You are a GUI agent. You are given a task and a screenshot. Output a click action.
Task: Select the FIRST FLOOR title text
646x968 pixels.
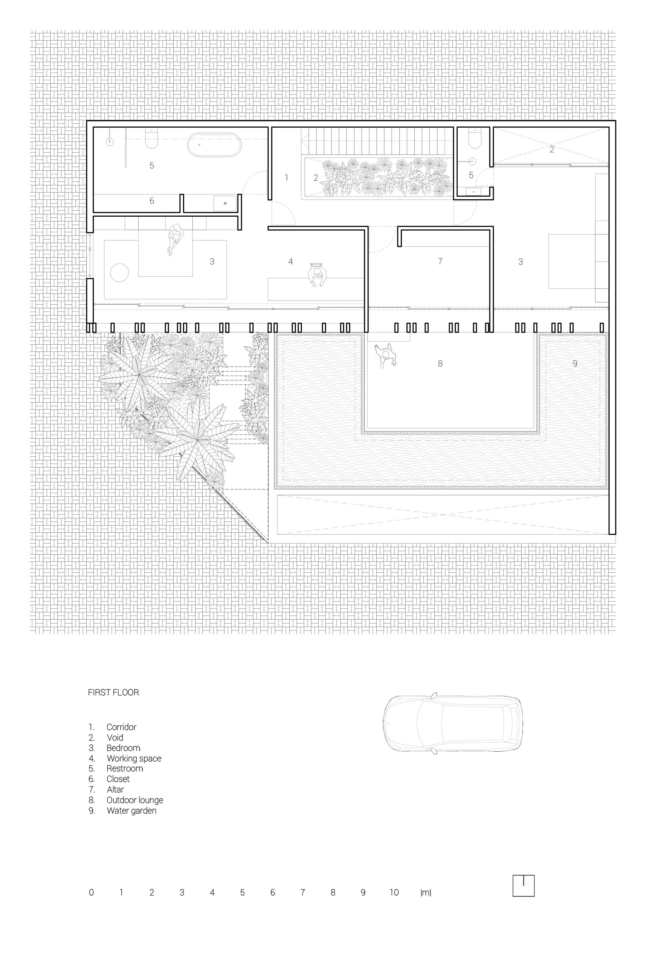(113, 692)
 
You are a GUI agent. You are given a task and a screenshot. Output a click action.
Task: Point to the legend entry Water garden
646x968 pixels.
(131, 810)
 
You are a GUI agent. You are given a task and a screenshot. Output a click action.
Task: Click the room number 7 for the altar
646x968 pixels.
(440, 261)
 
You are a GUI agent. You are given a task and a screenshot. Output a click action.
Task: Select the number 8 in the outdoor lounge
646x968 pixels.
(440, 363)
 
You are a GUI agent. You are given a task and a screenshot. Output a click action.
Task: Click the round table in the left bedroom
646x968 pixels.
(119, 273)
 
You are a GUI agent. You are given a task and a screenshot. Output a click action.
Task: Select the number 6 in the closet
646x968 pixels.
(152, 201)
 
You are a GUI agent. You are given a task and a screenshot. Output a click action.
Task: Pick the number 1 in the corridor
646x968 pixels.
(286, 178)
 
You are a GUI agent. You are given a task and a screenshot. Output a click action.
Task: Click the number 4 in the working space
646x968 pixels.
(290, 261)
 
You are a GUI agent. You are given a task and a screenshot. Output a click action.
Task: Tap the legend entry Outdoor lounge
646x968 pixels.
(135, 800)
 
